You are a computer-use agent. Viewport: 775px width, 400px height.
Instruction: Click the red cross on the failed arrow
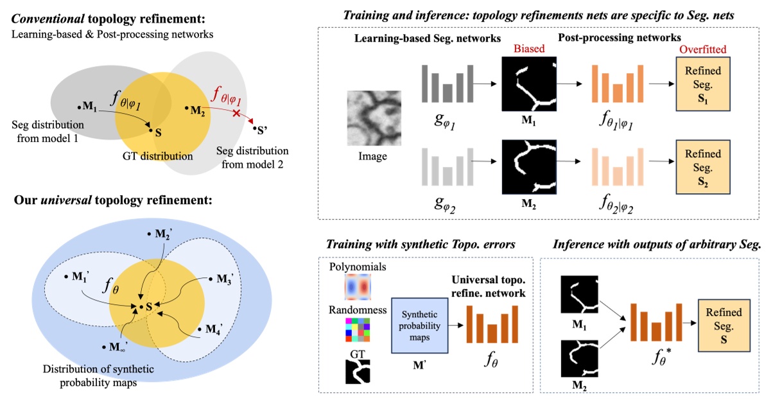(x=237, y=113)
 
